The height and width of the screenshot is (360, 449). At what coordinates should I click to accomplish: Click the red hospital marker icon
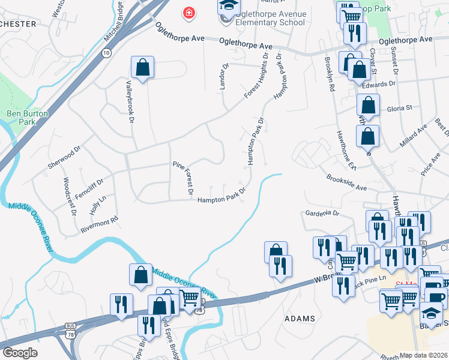coord(189,13)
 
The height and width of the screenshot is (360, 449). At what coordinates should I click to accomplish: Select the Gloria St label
coord(400,109)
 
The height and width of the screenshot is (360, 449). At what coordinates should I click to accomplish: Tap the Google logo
coord(20,352)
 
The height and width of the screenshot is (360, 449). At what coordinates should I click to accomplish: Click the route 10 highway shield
coord(106,53)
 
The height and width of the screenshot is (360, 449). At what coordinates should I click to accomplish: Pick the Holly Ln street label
coord(95,208)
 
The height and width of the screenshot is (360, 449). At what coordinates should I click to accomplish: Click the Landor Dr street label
coord(224,77)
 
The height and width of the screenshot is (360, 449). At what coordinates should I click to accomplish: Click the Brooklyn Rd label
coord(330,73)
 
